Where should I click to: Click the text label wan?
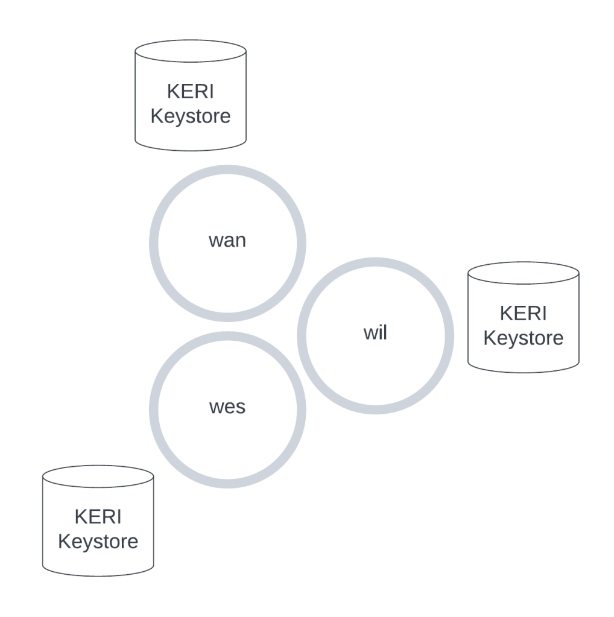coord(227,241)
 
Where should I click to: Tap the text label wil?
coord(375,333)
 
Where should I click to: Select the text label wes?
coord(227,407)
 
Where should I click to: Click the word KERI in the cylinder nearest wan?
coord(191,92)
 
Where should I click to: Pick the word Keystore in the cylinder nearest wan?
coord(191,116)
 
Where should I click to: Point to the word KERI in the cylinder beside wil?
coord(524,314)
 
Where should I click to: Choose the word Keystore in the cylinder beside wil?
coord(524,338)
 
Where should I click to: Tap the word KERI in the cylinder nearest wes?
coord(98,517)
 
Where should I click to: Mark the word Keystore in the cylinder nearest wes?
coord(98,541)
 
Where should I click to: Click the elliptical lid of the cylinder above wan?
coord(191,51)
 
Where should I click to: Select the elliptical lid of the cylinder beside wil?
coord(524,273)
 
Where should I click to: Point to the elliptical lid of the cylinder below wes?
coord(98,476)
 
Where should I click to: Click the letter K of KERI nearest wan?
coord(172,92)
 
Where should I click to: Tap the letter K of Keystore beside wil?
coord(489,338)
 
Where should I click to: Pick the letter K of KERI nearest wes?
coord(80,517)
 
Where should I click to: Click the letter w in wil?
coord(370,334)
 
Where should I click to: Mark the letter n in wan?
coord(240,241)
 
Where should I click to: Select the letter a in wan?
coord(228,241)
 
